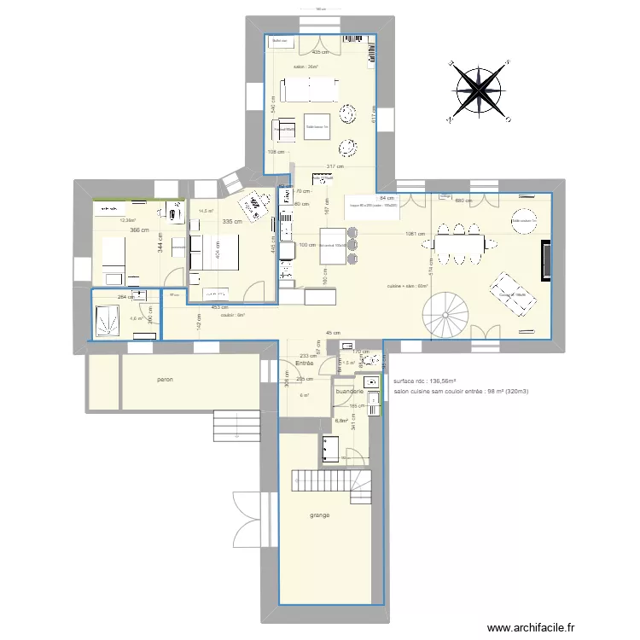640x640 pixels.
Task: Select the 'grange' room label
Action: tap(320, 515)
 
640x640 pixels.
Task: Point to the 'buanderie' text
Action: tap(350, 392)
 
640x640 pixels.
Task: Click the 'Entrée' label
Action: tap(305, 364)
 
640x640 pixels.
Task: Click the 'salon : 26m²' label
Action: tap(305, 67)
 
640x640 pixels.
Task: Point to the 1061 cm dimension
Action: tap(416, 234)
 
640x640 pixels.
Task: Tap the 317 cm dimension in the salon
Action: tap(335, 166)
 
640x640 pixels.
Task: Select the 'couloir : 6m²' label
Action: tap(232, 315)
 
